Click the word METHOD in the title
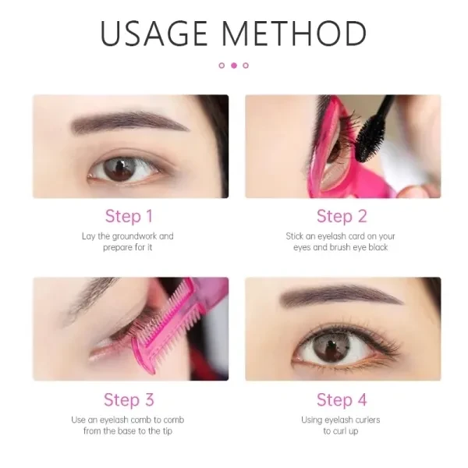[295, 34]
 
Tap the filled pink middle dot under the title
[233, 66]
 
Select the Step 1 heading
[129, 216]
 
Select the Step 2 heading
[342, 216]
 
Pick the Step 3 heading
[129, 400]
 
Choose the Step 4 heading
[342, 400]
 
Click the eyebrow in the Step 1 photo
[129, 122]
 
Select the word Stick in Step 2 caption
[296, 236]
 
